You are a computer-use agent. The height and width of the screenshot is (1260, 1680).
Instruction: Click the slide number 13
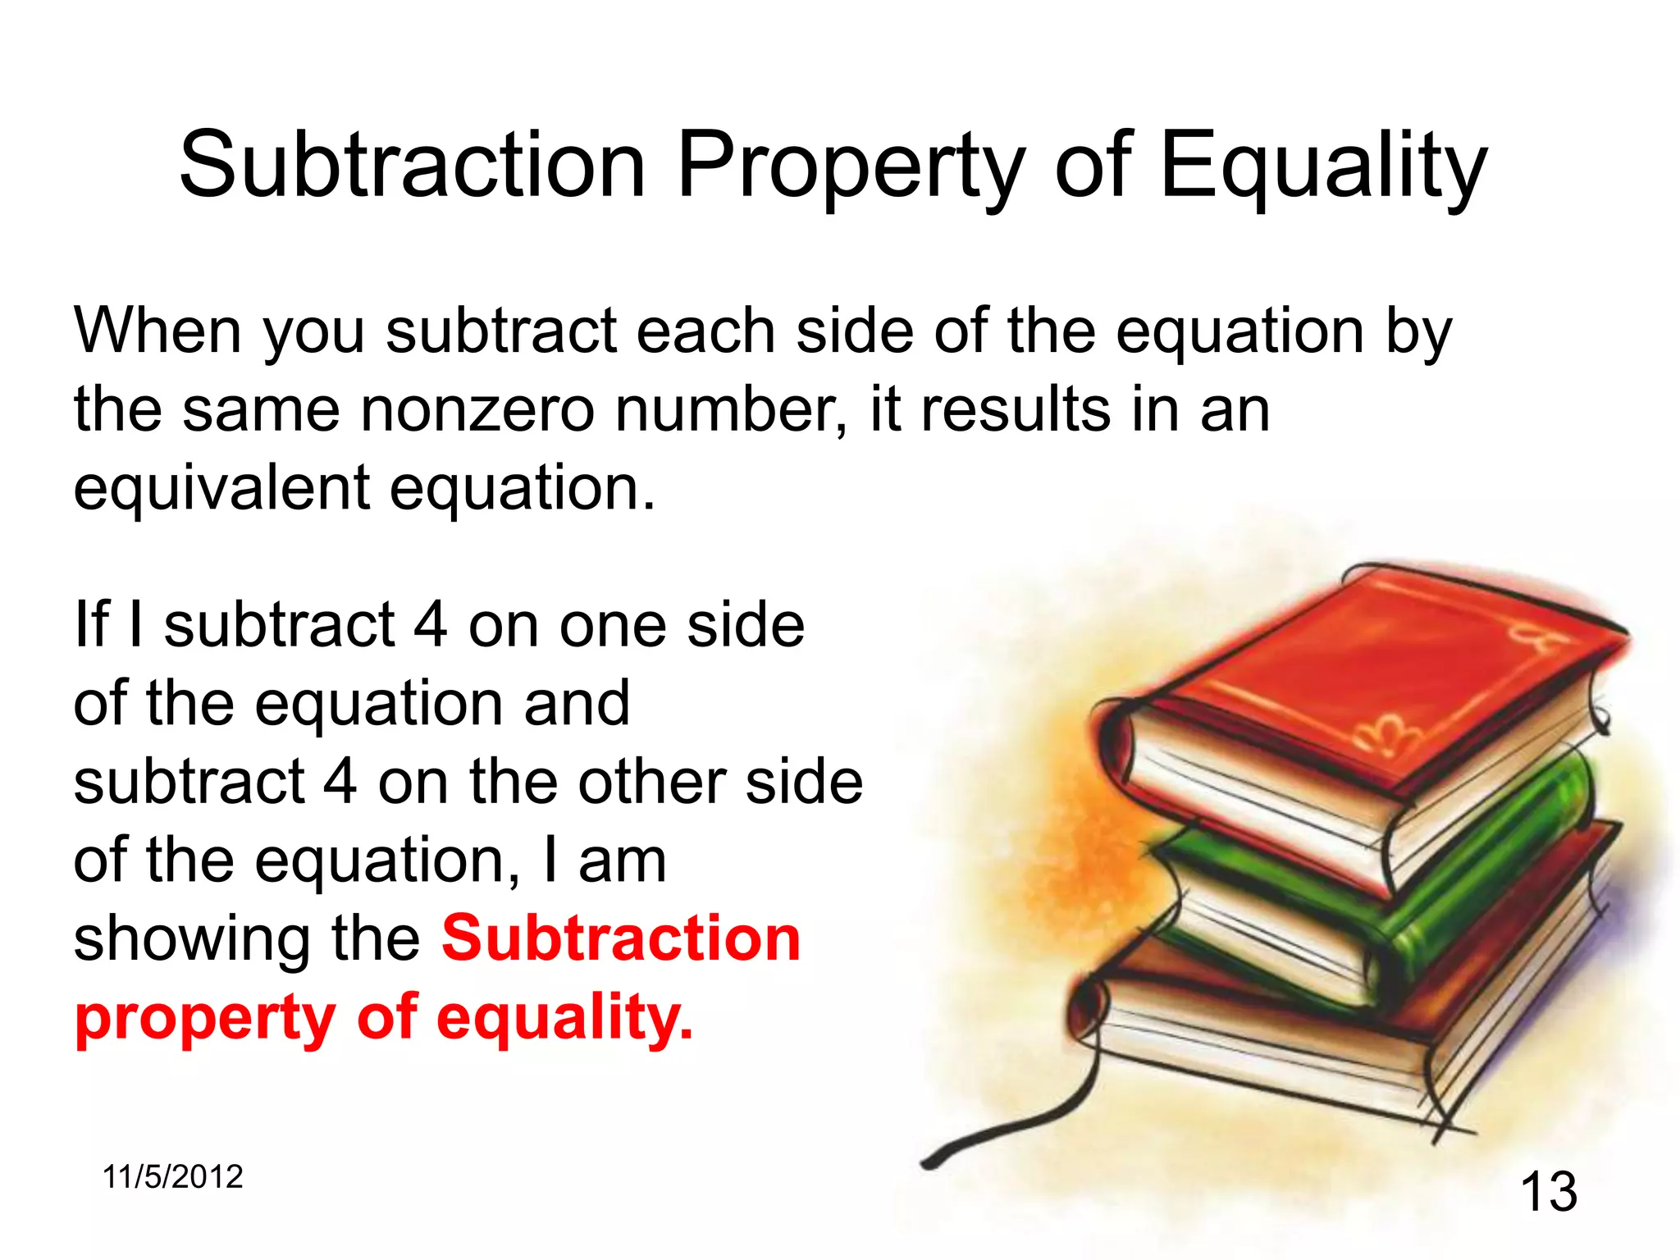1549,1192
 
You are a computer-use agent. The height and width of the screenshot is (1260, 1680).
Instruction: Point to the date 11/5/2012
173,1177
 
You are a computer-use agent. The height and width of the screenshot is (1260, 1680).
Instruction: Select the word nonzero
477,410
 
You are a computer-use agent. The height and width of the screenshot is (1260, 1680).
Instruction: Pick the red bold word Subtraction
621,939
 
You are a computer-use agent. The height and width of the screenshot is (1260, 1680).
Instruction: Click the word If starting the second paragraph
92,625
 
